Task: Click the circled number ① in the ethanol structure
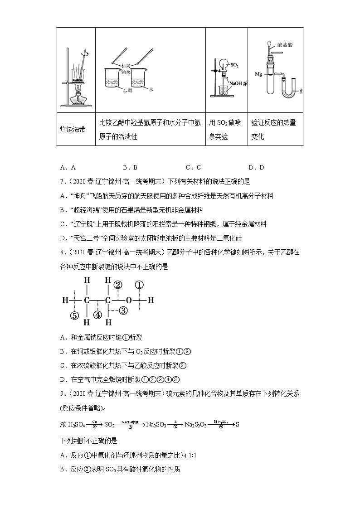click(139, 285)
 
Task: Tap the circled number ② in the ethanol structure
click(118, 285)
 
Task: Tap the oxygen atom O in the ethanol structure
click(129, 300)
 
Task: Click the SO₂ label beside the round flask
click(234, 66)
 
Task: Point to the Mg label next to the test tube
click(258, 73)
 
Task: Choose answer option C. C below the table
click(193, 167)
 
